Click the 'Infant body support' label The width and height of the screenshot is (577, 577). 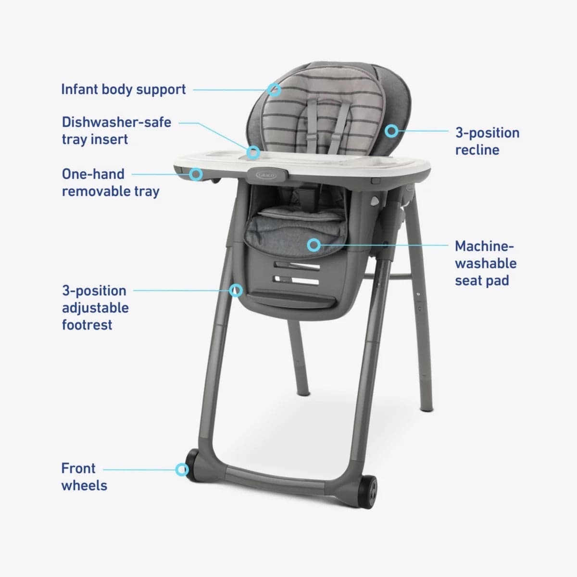123,89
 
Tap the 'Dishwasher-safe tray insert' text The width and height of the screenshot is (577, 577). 116,130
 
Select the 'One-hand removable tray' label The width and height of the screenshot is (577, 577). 110,182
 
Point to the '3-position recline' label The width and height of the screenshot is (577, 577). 487,141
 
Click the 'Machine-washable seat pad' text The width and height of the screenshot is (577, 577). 485,263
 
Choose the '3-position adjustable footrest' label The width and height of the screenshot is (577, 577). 95,307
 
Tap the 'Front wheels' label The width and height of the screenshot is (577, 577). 84,477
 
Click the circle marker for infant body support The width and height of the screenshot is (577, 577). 274,89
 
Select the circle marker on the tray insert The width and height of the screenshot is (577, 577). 253,153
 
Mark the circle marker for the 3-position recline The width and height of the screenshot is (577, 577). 392,130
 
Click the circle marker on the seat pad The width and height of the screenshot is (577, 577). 314,245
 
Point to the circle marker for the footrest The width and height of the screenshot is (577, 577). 236,290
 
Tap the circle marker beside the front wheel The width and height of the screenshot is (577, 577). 182,470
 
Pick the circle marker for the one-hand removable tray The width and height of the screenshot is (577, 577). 196,174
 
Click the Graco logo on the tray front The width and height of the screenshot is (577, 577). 267,176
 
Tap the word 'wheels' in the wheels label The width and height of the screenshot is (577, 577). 84,485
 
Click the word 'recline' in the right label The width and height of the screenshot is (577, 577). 477,150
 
